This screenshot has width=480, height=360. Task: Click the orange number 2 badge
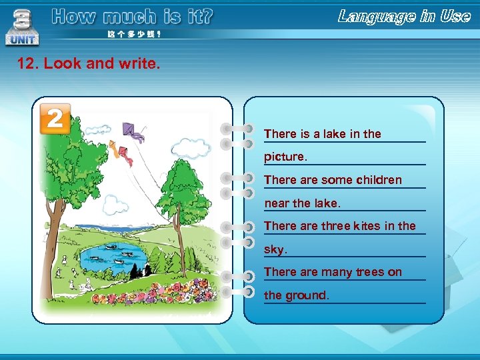(x=55, y=119)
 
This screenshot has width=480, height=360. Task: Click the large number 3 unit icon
(x=22, y=27)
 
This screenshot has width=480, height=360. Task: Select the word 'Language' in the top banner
(x=376, y=17)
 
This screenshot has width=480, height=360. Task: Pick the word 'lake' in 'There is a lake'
(x=335, y=134)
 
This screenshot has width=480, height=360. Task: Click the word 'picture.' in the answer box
(x=286, y=157)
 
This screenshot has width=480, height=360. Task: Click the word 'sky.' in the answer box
(x=275, y=249)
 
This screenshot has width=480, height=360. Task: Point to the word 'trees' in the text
(x=370, y=272)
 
